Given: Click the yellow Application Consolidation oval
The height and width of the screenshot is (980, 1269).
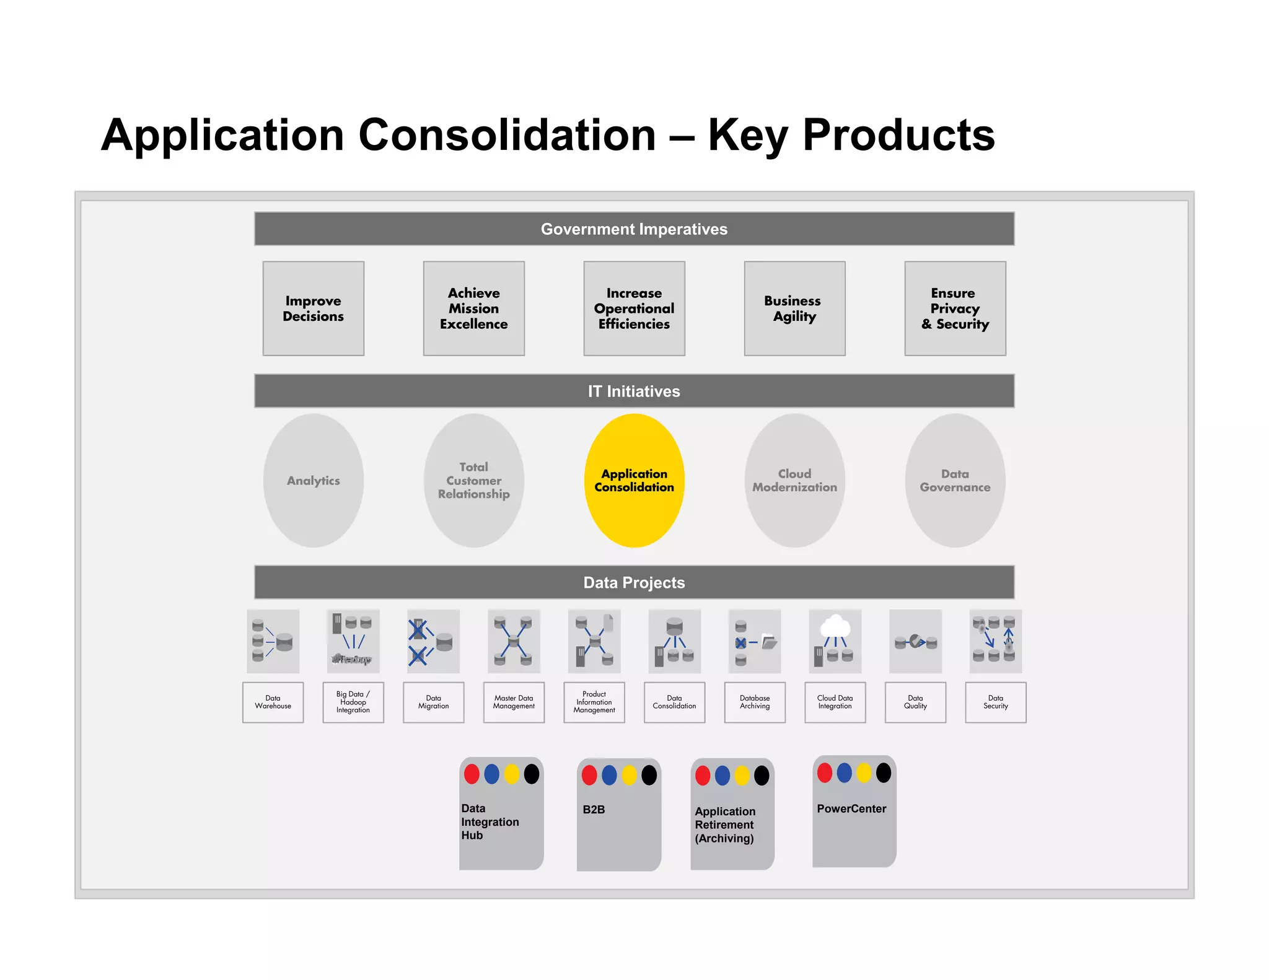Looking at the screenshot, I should click(x=634, y=481).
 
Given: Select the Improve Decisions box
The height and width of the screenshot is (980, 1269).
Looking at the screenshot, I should click(x=313, y=308).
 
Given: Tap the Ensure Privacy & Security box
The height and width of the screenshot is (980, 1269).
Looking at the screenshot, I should click(x=955, y=308).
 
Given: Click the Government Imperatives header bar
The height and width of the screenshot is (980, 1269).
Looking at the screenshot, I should click(x=634, y=229).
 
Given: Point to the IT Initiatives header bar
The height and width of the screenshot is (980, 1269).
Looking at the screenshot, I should click(x=634, y=391).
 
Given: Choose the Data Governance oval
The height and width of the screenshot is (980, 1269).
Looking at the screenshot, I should click(x=955, y=481).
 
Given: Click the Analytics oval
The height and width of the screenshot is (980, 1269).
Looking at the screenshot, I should click(x=313, y=481).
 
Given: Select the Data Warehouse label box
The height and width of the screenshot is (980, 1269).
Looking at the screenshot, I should click(x=273, y=702).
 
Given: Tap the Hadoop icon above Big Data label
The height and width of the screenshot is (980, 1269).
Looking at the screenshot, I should click(x=353, y=641).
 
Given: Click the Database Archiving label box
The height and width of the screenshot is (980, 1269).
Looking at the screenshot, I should click(x=755, y=702).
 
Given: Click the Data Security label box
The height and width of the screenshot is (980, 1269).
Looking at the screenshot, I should click(x=995, y=702).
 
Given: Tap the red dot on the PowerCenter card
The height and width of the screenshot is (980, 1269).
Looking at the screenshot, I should click(x=825, y=772).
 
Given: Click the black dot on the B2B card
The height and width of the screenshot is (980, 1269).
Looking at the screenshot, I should click(x=649, y=775).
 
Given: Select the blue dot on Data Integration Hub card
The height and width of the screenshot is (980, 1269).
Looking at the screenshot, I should click(x=491, y=774).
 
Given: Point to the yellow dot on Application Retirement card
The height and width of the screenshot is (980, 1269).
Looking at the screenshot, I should click(x=742, y=776).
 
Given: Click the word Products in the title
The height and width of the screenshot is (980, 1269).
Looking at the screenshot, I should click(x=898, y=135).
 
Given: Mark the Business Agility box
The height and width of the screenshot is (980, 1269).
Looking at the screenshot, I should click(x=794, y=308).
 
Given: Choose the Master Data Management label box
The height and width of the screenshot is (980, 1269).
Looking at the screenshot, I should click(x=514, y=702).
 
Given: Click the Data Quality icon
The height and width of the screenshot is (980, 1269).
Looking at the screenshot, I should click(x=915, y=641).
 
